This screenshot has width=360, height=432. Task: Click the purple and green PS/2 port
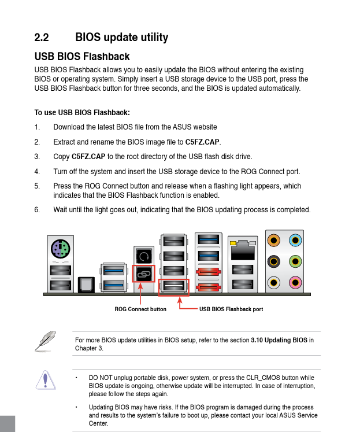[61, 250]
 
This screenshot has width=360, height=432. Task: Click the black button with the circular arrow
[143, 254]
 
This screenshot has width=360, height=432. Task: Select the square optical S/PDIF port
[87, 284]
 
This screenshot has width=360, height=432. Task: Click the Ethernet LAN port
[243, 250]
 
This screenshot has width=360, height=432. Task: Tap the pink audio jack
[295, 282]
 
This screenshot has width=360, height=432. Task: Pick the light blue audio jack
[295, 239]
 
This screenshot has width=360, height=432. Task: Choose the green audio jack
[295, 261]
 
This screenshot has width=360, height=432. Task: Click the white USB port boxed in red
[174, 285]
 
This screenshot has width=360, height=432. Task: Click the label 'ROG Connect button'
[140, 309]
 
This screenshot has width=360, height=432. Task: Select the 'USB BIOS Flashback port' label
[231, 309]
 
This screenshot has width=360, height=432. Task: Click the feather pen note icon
[44, 341]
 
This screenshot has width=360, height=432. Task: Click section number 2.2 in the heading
[42, 38]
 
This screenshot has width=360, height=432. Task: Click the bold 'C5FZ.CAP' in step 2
[203, 142]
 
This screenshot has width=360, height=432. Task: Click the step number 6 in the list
[37, 209]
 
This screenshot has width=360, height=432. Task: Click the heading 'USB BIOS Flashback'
[82, 57]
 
